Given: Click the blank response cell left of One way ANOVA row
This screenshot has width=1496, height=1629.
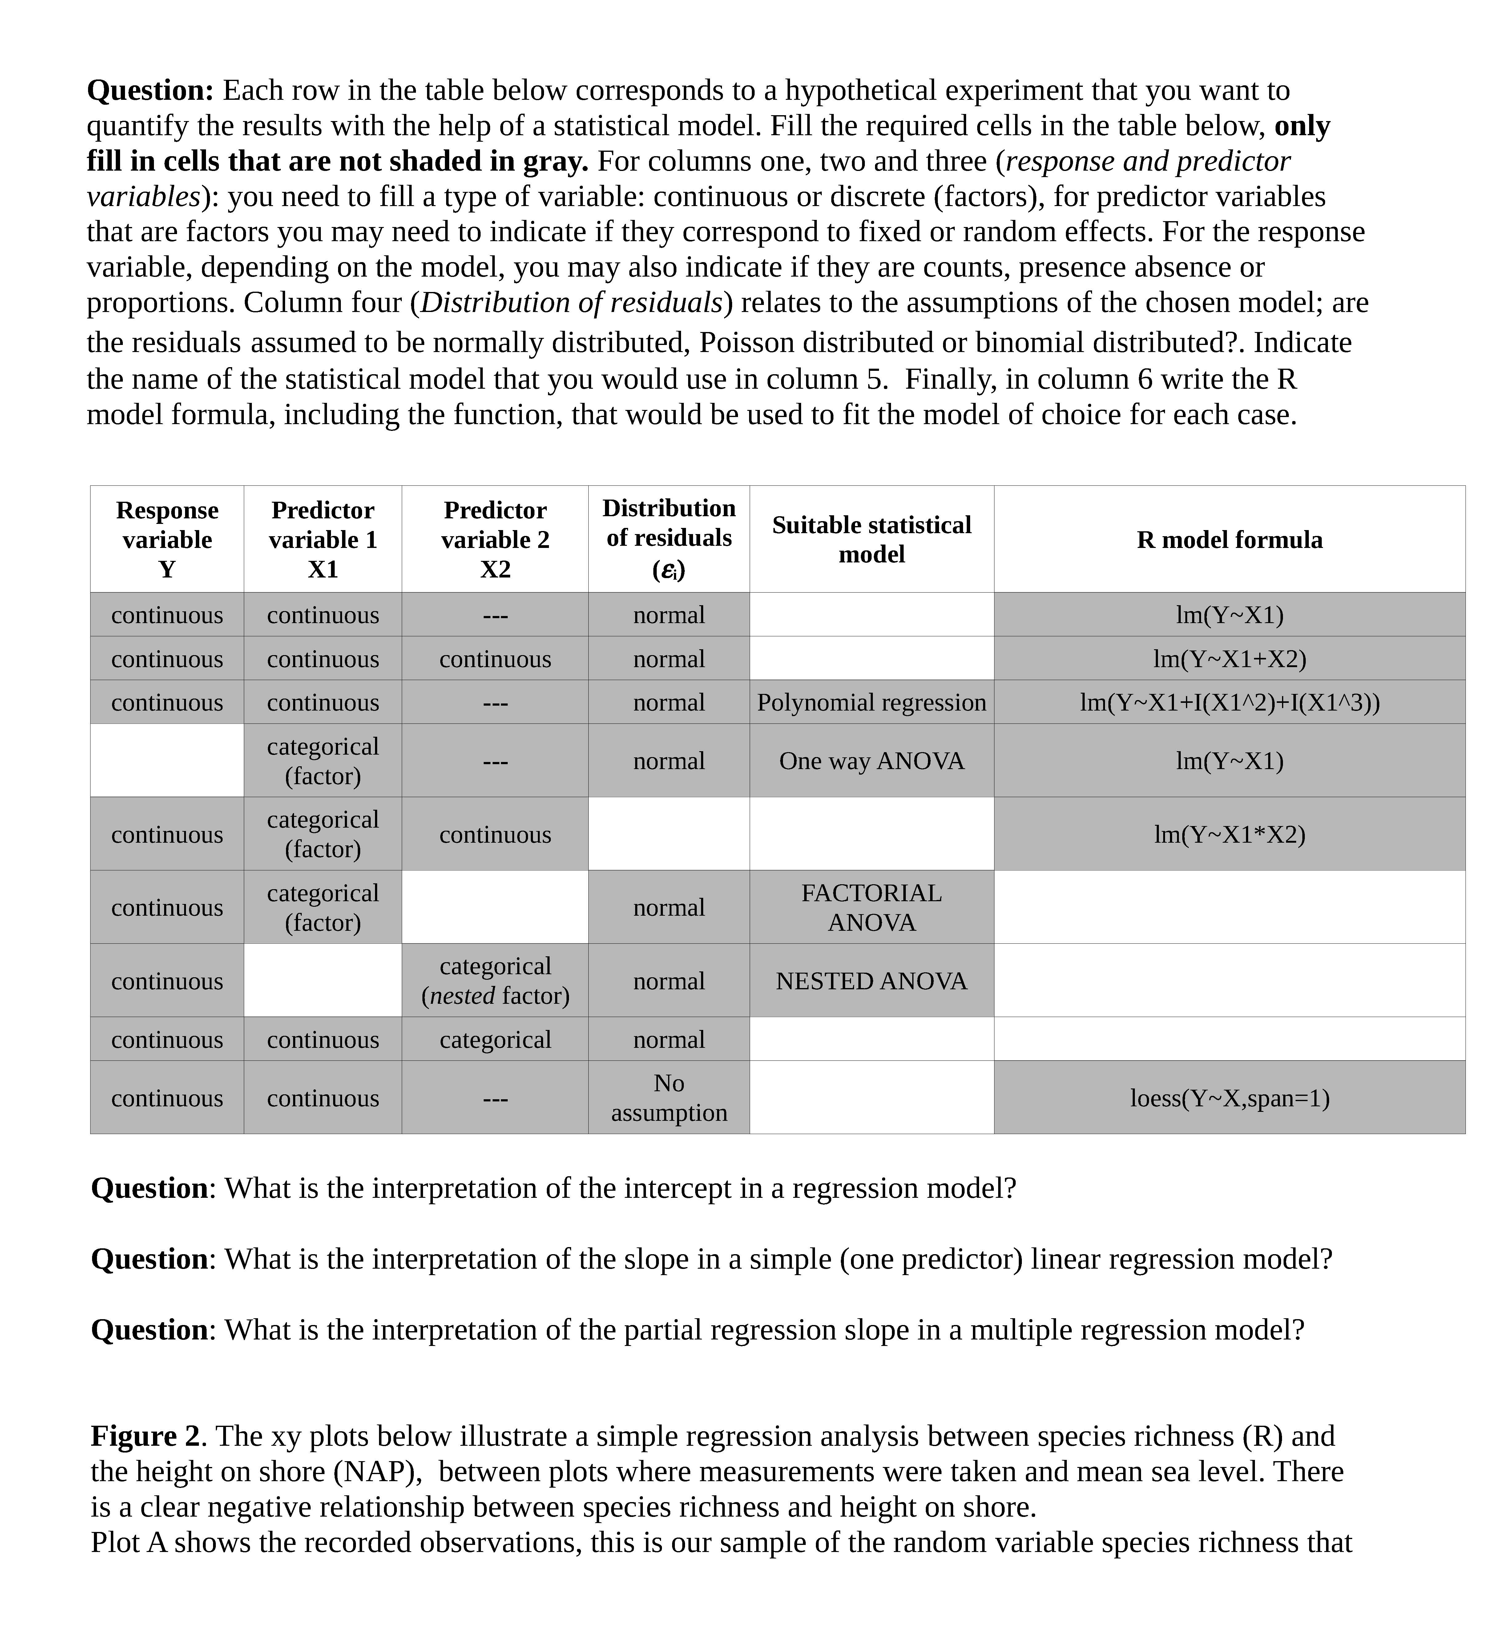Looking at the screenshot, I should coord(167,761).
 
